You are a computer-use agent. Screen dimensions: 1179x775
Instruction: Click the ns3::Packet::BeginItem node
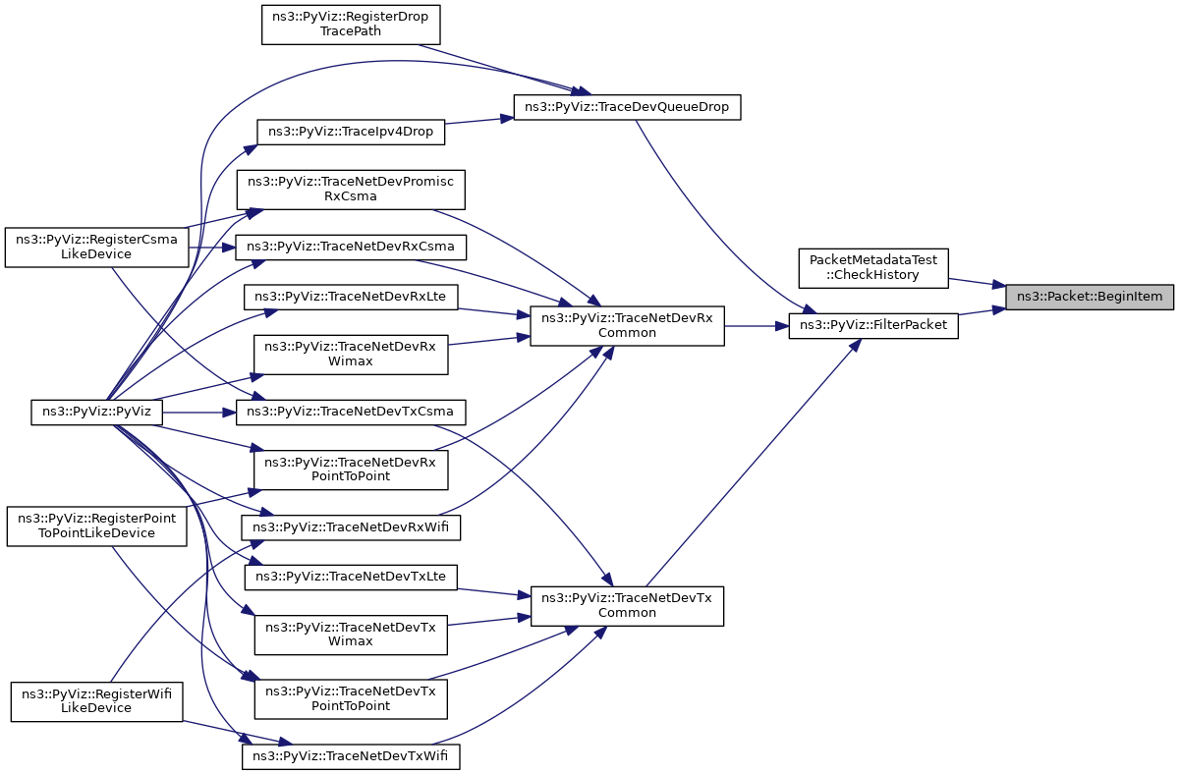click(1089, 297)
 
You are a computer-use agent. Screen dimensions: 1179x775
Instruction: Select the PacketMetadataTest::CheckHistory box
click(873, 268)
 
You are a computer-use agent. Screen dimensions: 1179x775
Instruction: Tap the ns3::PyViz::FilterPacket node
click(873, 326)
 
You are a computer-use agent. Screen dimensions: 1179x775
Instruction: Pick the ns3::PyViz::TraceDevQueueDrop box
click(627, 107)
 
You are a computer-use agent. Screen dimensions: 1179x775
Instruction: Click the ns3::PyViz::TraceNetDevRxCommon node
click(627, 326)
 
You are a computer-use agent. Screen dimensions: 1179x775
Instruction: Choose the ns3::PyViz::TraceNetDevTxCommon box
click(627, 606)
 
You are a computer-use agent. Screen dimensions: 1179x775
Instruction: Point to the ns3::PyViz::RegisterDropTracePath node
click(351, 25)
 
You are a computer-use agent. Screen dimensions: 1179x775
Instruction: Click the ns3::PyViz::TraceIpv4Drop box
click(351, 132)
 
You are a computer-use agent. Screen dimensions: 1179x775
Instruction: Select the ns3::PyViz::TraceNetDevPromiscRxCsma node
click(351, 190)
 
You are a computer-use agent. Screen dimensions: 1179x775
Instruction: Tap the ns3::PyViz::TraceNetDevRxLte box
click(351, 298)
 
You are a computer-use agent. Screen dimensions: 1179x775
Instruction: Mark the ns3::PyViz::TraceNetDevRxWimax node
click(351, 355)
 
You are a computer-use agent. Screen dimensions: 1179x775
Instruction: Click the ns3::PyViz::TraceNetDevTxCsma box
click(351, 412)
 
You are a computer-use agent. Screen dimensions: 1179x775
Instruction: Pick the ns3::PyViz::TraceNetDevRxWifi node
click(351, 527)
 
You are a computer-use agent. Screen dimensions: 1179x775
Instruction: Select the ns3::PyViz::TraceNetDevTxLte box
click(351, 578)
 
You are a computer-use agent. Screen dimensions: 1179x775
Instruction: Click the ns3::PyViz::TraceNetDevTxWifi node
click(351, 756)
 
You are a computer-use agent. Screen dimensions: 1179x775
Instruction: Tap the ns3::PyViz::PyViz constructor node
click(97, 412)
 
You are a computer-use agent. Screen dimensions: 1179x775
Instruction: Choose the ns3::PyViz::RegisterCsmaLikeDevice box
click(97, 248)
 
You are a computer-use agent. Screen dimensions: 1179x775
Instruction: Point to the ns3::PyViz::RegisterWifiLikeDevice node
click(97, 702)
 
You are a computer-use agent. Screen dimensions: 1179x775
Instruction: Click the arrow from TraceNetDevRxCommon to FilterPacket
click(757, 326)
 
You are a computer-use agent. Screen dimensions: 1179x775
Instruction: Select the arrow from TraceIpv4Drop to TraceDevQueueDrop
click(479, 121)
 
